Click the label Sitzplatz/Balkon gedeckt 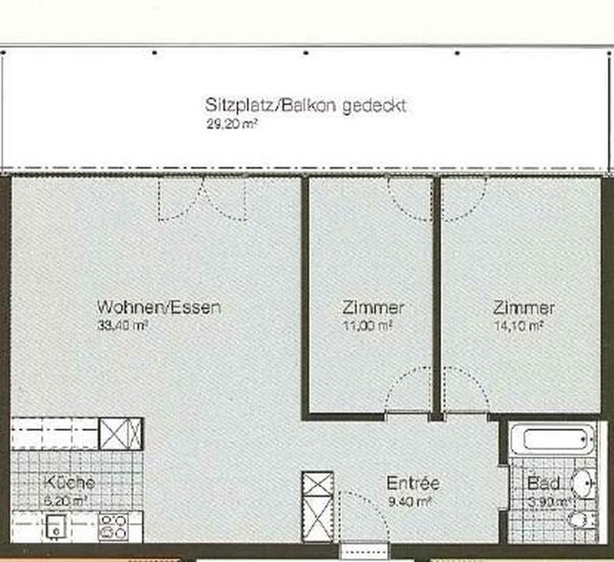click(x=305, y=105)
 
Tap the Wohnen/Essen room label click(x=159, y=307)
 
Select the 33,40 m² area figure click(x=122, y=324)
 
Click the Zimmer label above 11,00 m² click(x=373, y=308)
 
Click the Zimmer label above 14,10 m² click(x=523, y=308)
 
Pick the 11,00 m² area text click(x=368, y=325)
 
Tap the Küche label click(x=70, y=483)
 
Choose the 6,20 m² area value click(x=67, y=499)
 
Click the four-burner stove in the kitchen click(x=114, y=527)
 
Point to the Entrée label click(x=412, y=484)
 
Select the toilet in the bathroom click(x=581, y=522)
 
